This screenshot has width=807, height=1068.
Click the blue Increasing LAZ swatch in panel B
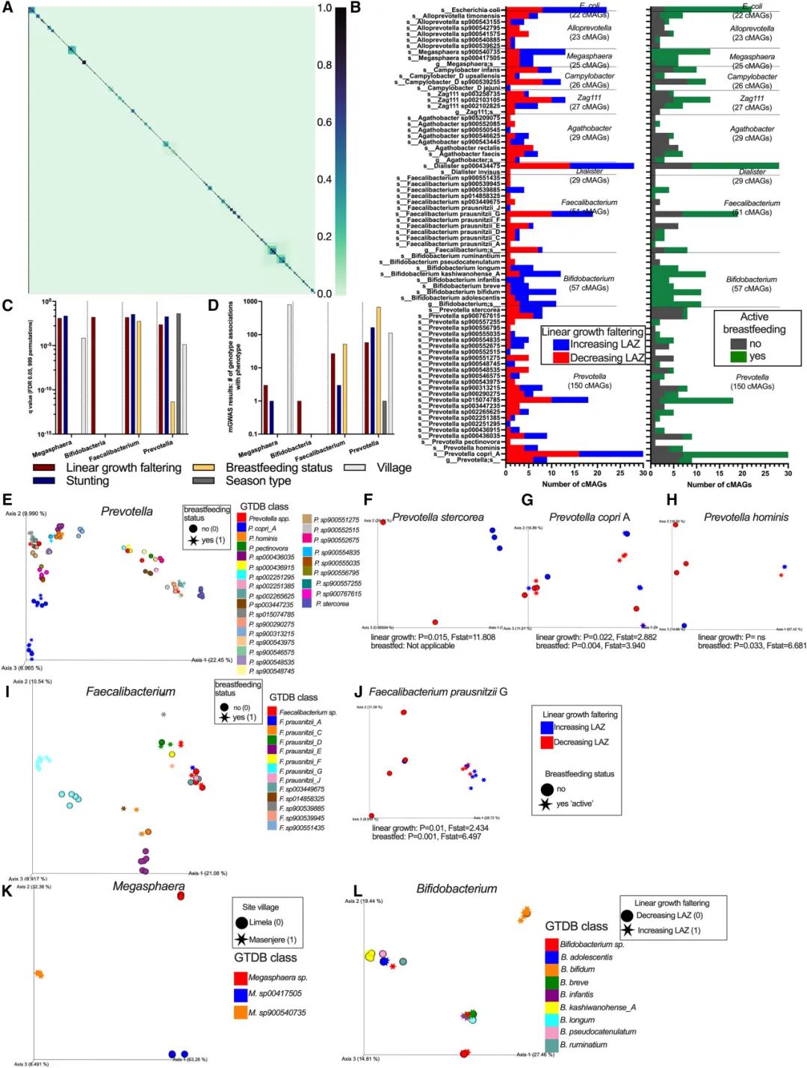(561, 345)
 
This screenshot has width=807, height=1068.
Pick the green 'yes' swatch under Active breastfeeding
(738, 356)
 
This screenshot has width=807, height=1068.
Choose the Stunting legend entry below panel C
(87, 481)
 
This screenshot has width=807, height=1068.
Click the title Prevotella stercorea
(438, 517)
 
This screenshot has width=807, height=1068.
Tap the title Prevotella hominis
(746, 517)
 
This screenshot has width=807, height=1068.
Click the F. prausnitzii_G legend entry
(300, 771)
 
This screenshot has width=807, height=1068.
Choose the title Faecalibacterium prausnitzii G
(438, 692)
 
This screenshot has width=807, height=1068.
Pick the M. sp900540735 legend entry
(276, 1013)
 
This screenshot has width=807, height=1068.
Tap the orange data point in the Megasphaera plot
(39, 974)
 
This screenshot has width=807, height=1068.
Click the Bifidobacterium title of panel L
(457, 889)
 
